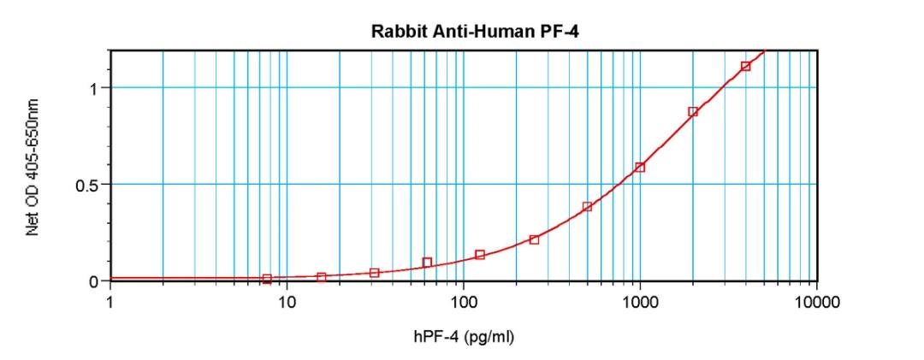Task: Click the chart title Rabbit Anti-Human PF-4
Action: click(463, 32)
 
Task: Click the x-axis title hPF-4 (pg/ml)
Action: click(463, 337)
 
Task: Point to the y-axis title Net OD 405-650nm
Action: click(33, 167)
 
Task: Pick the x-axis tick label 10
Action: click(287, 302)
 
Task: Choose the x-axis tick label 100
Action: click(463, 302)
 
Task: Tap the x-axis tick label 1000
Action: click(639, 302)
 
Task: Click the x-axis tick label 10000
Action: click(815, 302)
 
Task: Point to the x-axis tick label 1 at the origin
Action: click(110, 302)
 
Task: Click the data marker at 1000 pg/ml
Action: click(640, 168)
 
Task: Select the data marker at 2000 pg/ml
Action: click(693, 112)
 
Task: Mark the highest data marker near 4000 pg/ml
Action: click(746, 66)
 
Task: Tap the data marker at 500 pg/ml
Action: click(587, 207)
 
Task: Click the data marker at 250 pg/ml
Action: click(534, 239)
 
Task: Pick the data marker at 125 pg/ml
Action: click(480, 255)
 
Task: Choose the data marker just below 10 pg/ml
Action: click(267, 279)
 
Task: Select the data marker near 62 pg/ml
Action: click(427, 263)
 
